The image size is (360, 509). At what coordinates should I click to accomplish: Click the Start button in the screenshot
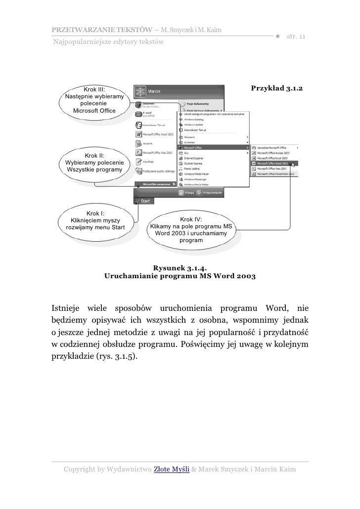pos(144,201)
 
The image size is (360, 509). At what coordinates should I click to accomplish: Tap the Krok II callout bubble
pos(94,163)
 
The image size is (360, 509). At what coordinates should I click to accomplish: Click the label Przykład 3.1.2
pos(276,88)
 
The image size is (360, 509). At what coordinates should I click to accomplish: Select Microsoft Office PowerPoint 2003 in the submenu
pos(274,174)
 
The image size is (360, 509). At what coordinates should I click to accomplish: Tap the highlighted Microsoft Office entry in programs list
pos(213,147)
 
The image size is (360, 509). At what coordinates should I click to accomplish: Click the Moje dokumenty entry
pos(197,104)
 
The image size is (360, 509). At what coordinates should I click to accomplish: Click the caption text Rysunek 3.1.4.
pos(180,268)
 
